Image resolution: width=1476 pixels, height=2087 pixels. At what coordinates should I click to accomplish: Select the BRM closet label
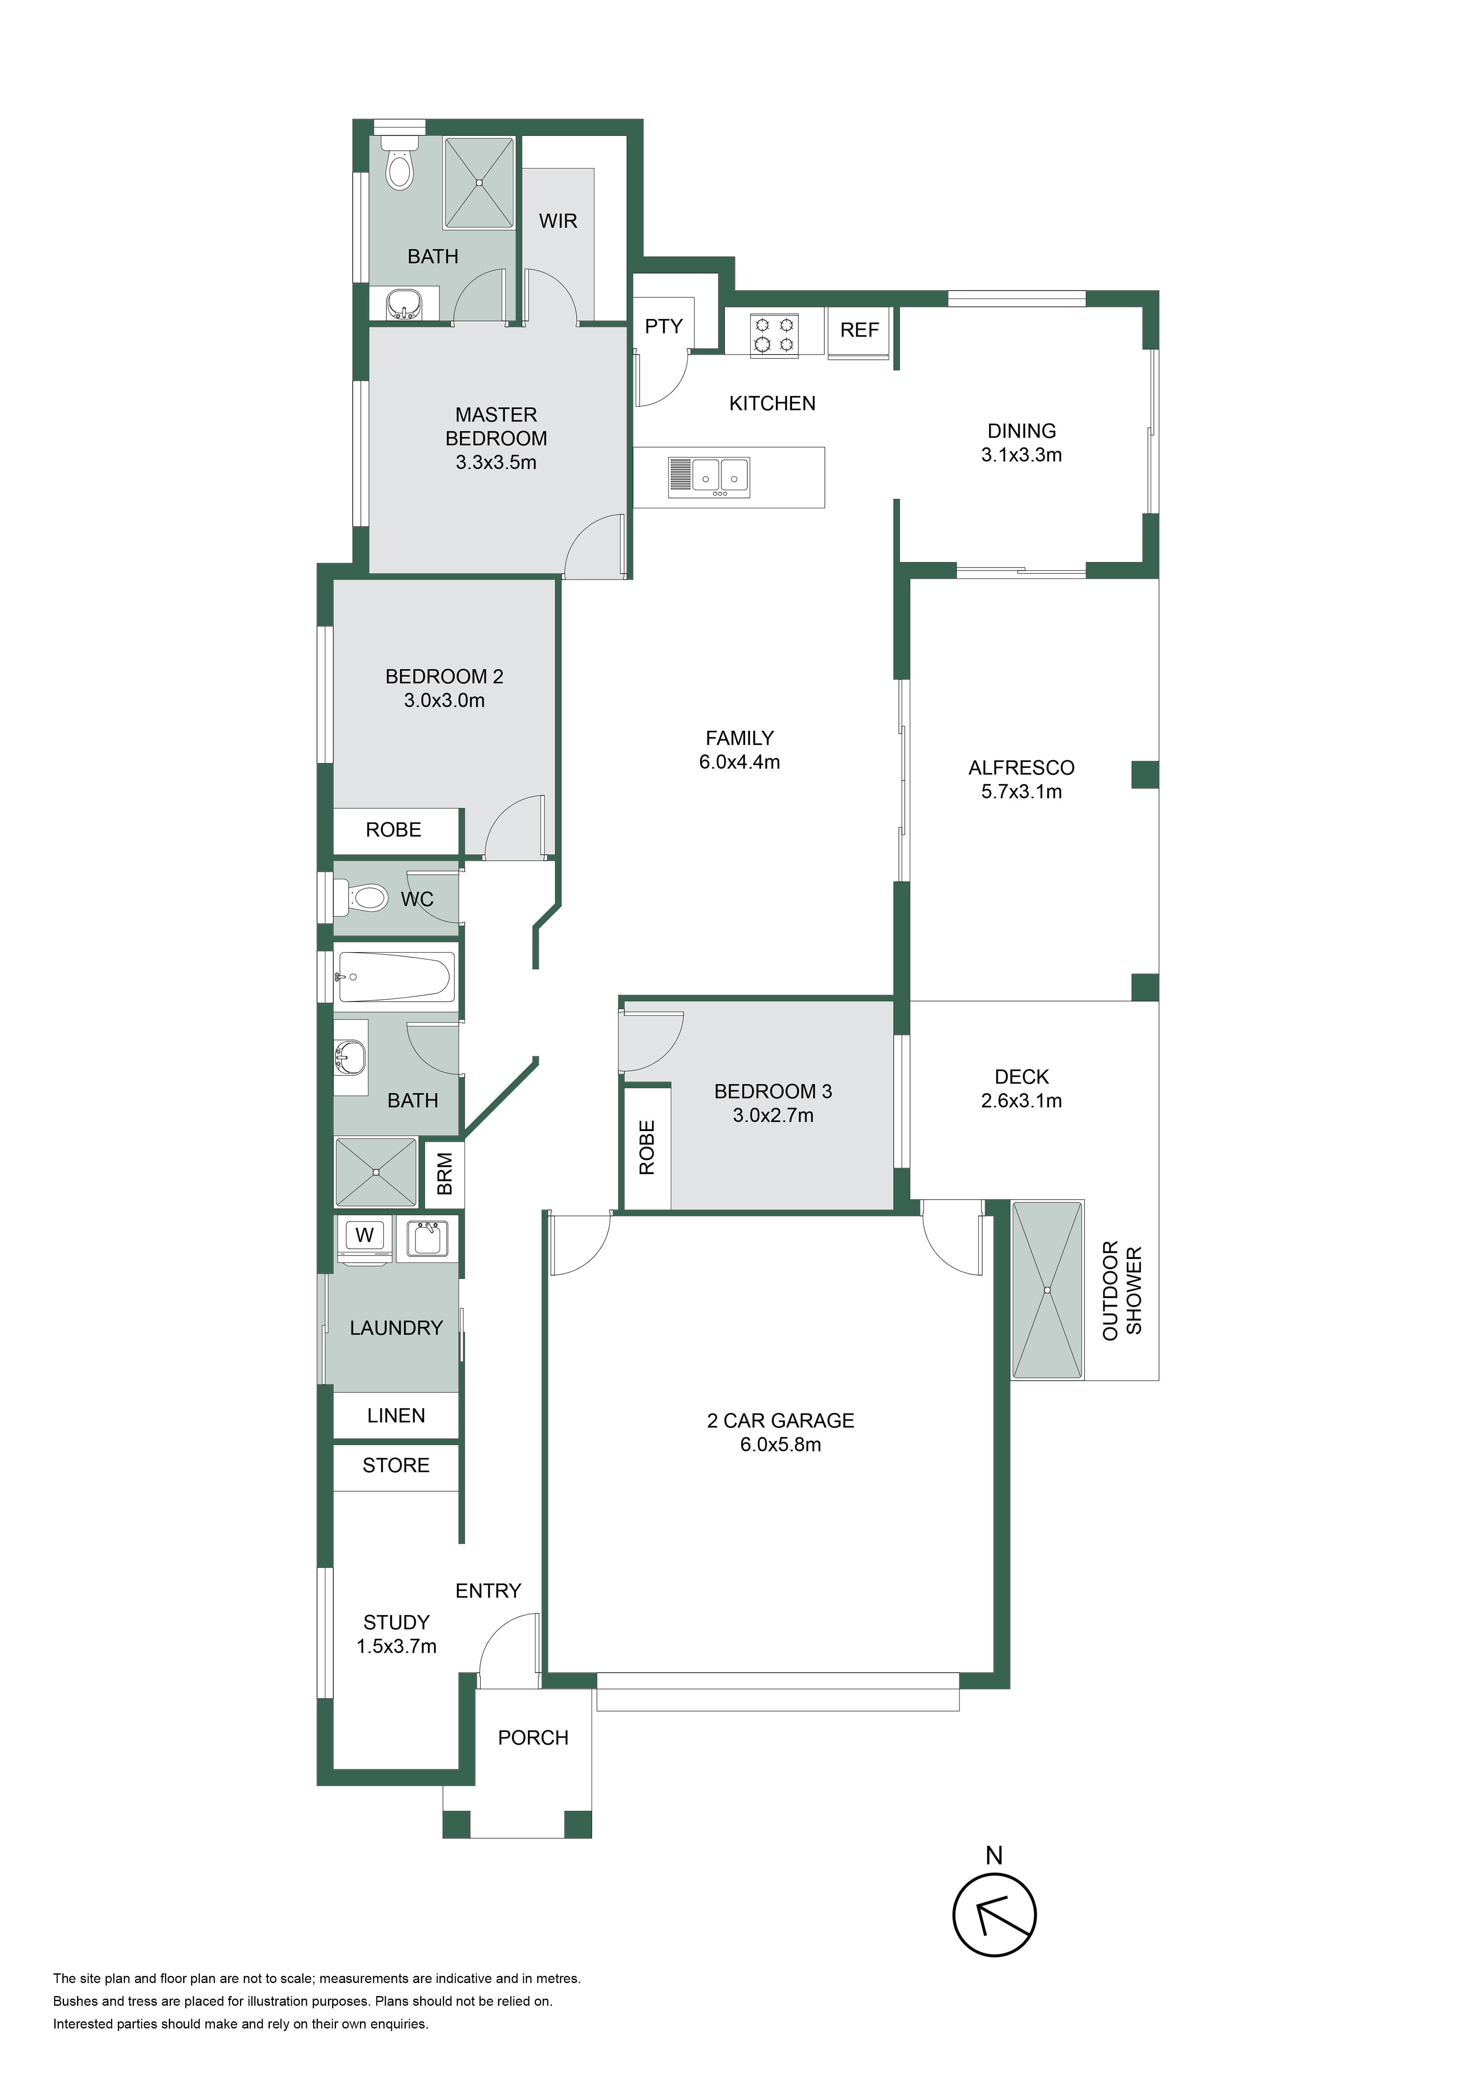(x=445, y=1174)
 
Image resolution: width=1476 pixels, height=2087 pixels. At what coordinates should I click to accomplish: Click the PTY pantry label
(x=663, y=326)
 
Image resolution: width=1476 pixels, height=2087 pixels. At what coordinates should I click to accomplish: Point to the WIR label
(x=558, y=221)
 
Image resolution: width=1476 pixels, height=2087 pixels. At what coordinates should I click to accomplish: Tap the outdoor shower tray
(x=1048, y=1290)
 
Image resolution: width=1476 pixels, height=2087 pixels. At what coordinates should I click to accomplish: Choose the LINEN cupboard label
(x=396, y=1415)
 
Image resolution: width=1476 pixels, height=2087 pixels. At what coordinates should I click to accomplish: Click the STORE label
(x=396, y=1465)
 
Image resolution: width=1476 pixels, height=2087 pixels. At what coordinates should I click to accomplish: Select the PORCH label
(x=533, y=1738)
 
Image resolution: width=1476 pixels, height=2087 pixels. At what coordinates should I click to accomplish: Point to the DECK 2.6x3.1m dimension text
(x=1022, y=1101)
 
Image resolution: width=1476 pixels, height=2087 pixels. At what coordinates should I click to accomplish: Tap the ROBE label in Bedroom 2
(x=394, y=830)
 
